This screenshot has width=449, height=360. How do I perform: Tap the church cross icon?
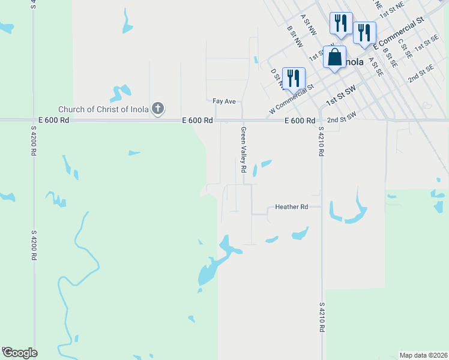[x=158, y=109]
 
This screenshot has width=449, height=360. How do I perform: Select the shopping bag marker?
[x=335, y=58]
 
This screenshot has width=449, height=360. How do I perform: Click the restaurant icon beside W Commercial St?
[x=294, y=79]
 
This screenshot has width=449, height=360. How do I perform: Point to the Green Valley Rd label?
[x=244, y=150]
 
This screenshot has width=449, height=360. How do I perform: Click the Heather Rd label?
[x=291, y=206]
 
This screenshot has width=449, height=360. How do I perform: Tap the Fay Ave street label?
[x=224, y=101]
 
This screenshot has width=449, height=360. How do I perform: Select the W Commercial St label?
[x=292, y=100]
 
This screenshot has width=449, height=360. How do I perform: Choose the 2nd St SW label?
[x=342, y=114]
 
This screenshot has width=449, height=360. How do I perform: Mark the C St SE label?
[x=405, y=50]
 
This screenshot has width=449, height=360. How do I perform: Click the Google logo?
[x=19, y=352]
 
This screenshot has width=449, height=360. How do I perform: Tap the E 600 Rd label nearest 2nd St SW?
[x=300, y=121]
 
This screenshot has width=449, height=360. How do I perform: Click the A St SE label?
[x=376, y=67]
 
